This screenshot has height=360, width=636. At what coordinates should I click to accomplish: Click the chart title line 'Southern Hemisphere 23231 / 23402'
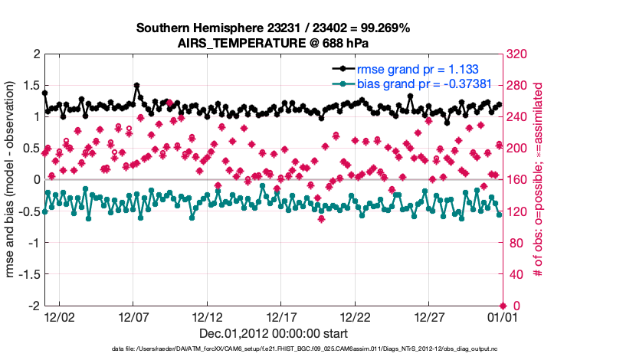[274, 28]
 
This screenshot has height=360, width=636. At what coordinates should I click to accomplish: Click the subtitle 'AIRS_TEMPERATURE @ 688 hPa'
[274, 43]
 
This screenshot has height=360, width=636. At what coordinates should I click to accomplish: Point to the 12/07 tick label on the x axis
[133, 316]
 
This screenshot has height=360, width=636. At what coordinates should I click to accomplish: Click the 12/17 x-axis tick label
[280, 316]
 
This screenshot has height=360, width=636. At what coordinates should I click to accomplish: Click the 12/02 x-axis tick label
[59, 316]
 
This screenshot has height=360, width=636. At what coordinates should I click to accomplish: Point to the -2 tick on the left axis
[34, 306]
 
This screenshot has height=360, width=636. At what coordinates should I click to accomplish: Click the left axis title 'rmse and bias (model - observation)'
[12, 180]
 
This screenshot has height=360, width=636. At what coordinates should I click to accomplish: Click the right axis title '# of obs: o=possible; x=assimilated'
[538, 180]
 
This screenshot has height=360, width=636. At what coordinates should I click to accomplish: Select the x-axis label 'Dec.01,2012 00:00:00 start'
[274, 333]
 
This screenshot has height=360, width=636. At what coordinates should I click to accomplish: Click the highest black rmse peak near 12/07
[136, 86]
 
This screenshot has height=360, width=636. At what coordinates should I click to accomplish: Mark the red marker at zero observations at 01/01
[502, 306]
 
